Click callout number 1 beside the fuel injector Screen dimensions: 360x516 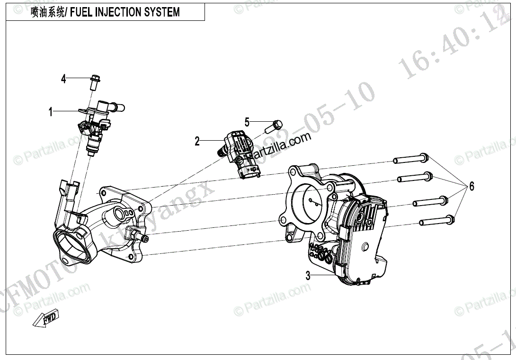coord(50,112)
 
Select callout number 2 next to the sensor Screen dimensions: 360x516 coord(197,141)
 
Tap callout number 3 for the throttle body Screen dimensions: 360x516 coord(308,276)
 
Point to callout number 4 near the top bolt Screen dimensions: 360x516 coord(63,79)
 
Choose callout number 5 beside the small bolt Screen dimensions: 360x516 coord(247,122)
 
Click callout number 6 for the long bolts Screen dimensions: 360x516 coord(471,186)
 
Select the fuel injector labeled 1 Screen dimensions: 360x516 coord(98,126)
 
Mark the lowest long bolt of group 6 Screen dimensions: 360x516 coord(436,220)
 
